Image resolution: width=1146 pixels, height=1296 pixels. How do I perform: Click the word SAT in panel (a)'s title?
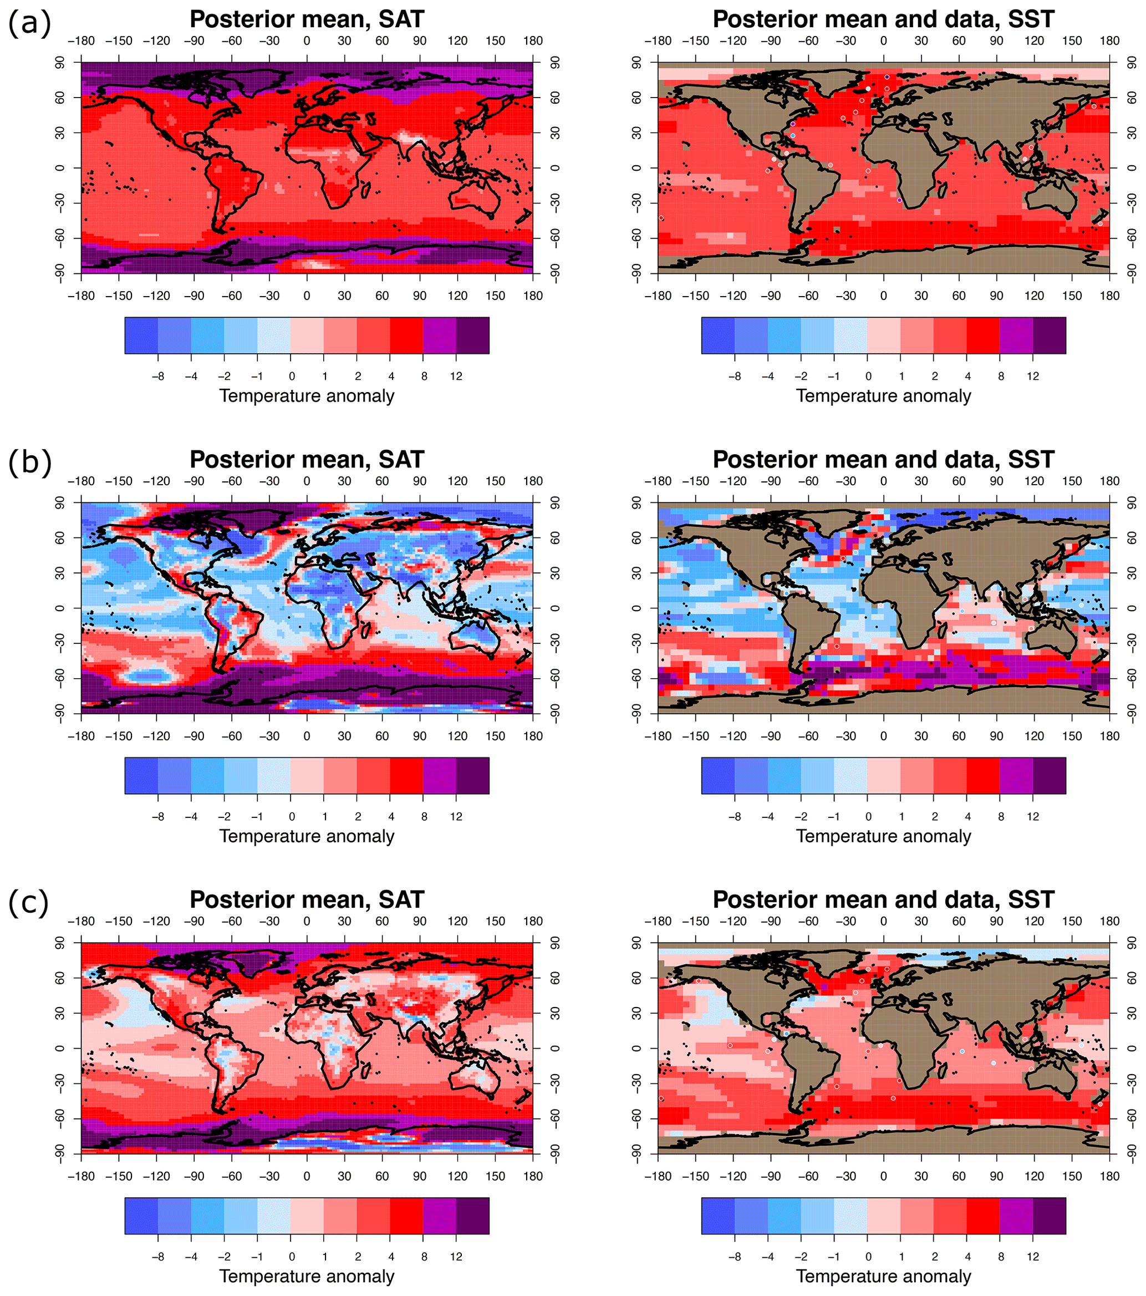pos(401,19)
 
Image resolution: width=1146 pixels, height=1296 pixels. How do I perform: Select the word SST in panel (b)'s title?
pos(1032,460)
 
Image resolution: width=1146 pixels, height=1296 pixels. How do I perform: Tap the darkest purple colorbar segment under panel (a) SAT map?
pos(472,335)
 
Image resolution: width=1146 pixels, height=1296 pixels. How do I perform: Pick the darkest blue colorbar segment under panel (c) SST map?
pos(717,1216)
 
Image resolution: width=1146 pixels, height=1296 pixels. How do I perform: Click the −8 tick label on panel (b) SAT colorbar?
pos(157,817)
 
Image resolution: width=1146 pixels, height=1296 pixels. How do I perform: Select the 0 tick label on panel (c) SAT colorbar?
pos(291,1257)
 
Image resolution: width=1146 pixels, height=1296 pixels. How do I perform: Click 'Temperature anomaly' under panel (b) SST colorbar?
pos(883,836)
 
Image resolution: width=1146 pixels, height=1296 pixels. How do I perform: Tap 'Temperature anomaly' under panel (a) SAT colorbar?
pos(307,397)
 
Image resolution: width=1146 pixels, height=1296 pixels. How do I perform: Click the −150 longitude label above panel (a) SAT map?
pos(119,41)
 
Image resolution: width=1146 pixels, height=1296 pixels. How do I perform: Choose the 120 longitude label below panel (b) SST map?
pos(1034,736)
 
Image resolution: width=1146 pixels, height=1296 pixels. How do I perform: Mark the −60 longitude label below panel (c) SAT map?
pos(231,1176)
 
